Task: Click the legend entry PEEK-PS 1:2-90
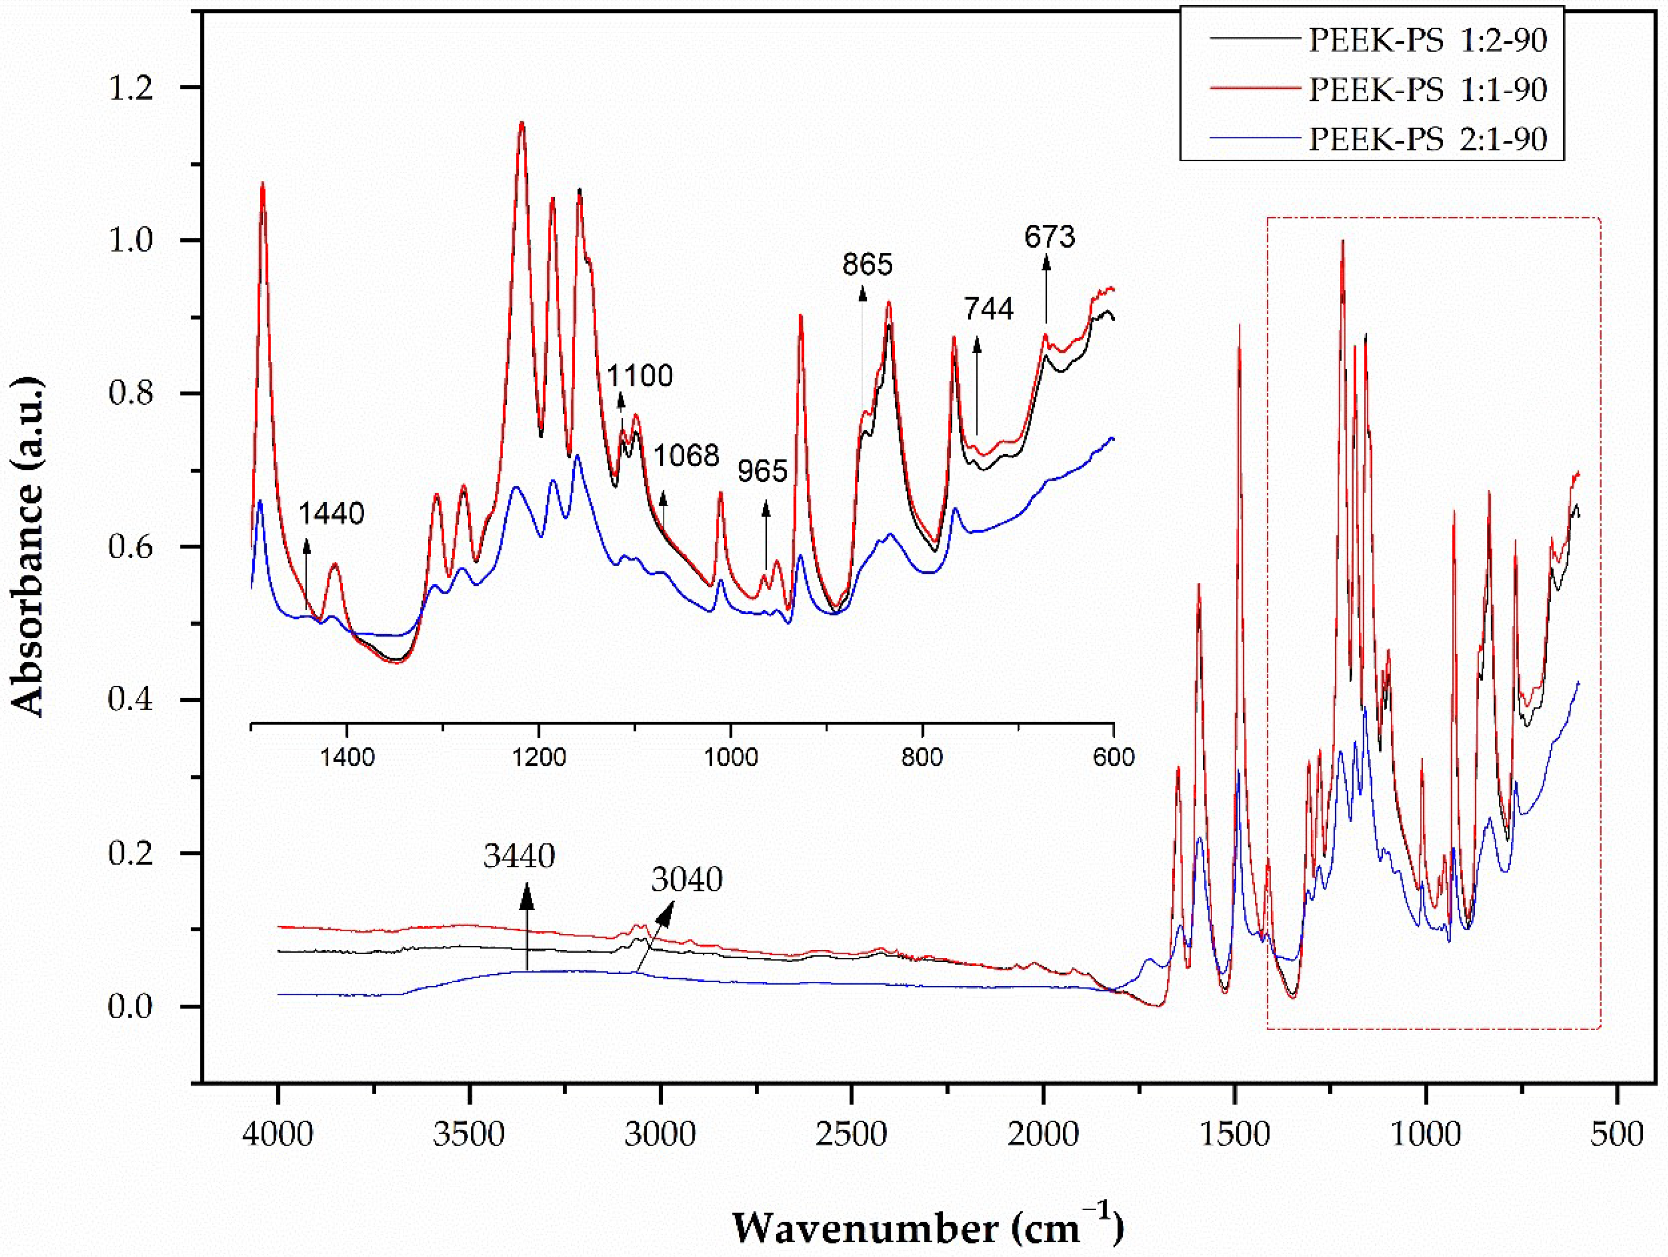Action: (1427, 39)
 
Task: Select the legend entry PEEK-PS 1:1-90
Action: (1427, 89)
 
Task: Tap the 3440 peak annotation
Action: (520, 856)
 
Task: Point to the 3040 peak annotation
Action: (687, 879)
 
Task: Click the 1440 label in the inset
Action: (332, 514)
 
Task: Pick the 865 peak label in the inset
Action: (867, 265)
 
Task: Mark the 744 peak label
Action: (990, 309)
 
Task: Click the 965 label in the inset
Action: (762, 471)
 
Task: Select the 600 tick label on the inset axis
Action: (1113, 756)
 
